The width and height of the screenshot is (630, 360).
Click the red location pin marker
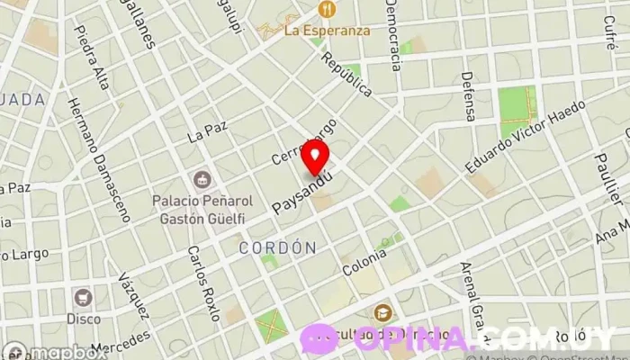314,157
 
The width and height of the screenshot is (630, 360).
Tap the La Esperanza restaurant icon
325,10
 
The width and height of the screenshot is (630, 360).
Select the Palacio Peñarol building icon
202,176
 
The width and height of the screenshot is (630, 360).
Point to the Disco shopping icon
84,297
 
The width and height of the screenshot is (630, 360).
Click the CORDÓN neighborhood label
278,247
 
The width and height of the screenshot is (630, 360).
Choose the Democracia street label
392,36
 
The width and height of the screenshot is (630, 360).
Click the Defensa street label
467,96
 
